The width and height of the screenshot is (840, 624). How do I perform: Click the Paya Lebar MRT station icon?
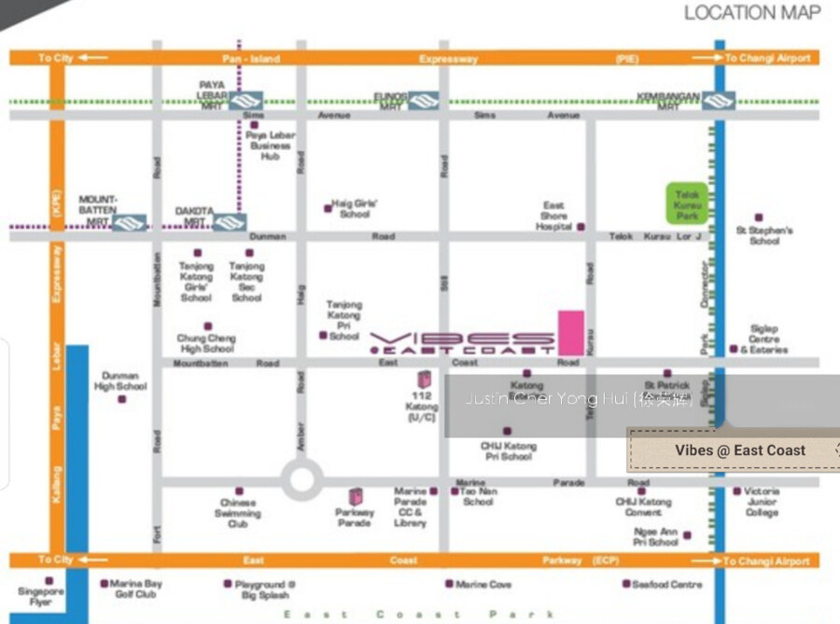(x=247, y=99)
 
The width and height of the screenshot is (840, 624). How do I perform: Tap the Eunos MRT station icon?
(x=423, y=99)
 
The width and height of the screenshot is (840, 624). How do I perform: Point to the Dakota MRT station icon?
(x=229, y=222)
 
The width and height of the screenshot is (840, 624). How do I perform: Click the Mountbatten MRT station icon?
(x=130, y=222)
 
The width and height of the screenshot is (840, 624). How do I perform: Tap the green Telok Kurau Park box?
(x=688, y=204)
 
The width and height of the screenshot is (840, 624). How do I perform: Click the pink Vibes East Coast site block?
(x=571, y=332)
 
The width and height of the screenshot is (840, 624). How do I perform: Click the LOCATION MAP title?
(x=752, y=13)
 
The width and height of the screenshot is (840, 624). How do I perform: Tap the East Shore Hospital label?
(x=553, y=215)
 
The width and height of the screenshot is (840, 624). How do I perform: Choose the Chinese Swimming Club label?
(x=238, y=513)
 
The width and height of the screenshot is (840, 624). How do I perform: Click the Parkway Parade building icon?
(x=356, y=498)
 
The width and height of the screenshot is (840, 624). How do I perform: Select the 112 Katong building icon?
(x=424, y=381)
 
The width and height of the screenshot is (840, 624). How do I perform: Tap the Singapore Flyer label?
(x=41, y=596)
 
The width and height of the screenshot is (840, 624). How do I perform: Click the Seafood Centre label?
(x=667, y=585)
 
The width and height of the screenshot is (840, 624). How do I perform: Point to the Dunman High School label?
(x=120, y=381)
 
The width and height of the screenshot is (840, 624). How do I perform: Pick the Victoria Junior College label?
(x=762, y=502)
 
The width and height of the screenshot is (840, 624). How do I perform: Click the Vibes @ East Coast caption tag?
(x=739, y=451)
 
